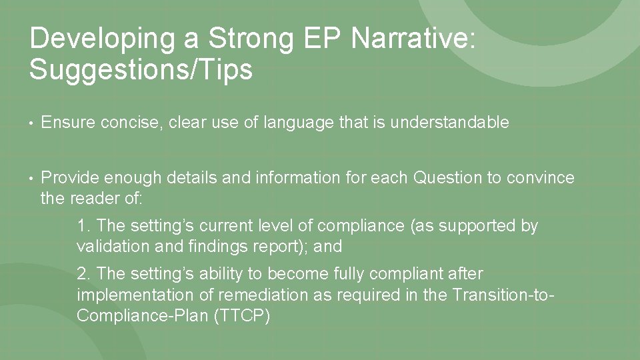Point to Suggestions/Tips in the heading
[141, 69]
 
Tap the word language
[294, 123]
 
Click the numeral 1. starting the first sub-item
[83, 226]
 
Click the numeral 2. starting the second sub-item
[83, 274]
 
